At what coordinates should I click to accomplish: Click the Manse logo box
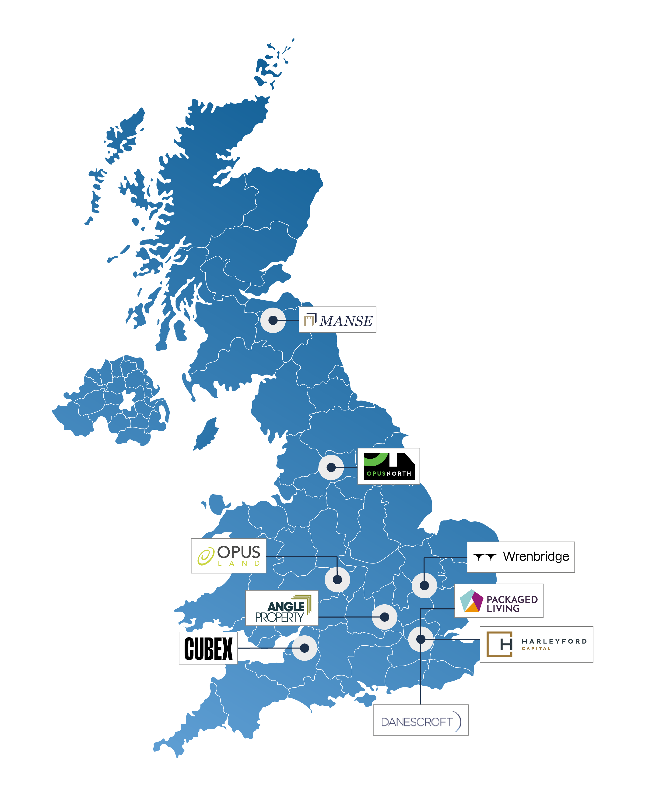(337, 320)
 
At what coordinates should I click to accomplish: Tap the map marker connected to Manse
(273, 320)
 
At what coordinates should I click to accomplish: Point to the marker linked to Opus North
(331, 467)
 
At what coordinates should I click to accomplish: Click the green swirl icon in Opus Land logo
(206, 556)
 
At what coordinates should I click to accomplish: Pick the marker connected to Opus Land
(337, 579)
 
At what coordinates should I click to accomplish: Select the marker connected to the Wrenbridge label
(424, 585)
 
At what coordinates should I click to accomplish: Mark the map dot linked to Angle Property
(384, 617)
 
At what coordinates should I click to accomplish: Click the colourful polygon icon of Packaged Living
(471, 601)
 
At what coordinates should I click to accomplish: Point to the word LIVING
(503, 608)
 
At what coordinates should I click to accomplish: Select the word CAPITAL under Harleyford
(536, 648)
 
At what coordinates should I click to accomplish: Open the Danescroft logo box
(420, 720)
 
